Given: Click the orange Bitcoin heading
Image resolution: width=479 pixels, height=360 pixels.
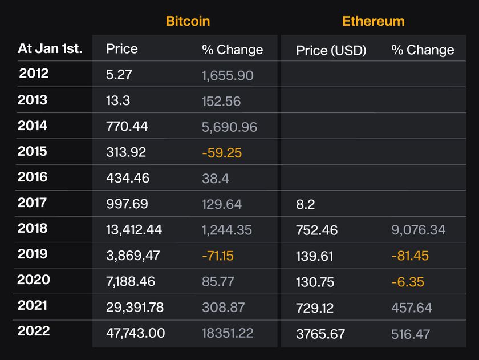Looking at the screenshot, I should click(x=188, y=21).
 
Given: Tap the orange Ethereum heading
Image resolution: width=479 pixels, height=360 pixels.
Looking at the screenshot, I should click(x=373, y=21).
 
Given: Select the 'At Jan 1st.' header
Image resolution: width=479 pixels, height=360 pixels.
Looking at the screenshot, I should click(x=50, y=48).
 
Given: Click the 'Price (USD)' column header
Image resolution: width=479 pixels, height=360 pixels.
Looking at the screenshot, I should click(x=331, y=50).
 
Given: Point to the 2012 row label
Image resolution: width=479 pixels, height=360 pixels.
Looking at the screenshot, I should click(x=34, y=74).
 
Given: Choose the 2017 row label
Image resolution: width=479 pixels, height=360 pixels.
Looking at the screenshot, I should click(x=32, y=203).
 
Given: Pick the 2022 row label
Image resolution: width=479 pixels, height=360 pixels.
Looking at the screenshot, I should click(x=34, y=331).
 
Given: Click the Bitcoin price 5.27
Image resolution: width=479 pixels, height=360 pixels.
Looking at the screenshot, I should click(x=118, y=75).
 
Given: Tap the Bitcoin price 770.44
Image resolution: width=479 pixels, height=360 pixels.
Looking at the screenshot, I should click(x=127, y=126).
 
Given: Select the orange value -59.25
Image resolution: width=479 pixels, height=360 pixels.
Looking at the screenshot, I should click(x=222, y=152).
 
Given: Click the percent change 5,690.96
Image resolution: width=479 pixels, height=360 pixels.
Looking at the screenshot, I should click(x=229, y=126).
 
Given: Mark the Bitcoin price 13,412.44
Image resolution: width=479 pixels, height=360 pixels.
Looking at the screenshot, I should click(x=134, y=229).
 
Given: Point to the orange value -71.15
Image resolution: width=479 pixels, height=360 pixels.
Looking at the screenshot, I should click(x=218, y=256).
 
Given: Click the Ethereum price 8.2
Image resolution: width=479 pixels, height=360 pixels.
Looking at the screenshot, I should click(x=305, y=204).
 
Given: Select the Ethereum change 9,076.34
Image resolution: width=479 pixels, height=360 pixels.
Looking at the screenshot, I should click(x=418, y=230).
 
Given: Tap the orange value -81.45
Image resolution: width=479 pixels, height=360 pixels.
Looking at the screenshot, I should click(x=410, y=256).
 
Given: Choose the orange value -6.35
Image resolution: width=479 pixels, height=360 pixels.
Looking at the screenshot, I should click(x=408, y=282).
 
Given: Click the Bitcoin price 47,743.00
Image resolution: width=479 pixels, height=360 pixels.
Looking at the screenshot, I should click(x=135, y=333).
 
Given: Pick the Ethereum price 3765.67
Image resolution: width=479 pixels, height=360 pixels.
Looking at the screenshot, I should click(x=320, y=334).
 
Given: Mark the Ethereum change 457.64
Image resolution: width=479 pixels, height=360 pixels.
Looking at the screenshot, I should click(x=412, y=308).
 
